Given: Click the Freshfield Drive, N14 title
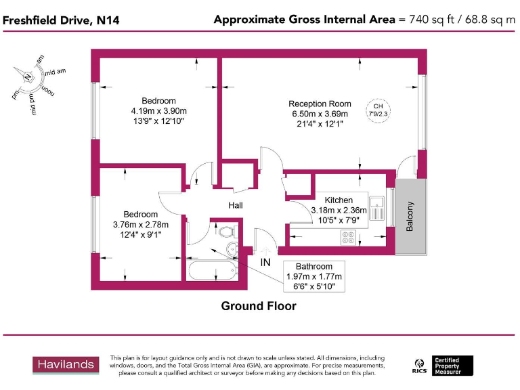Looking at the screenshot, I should pyautogui.click(x=61, y=20).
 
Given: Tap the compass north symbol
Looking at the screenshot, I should pyautogui.click(x=28, y=76).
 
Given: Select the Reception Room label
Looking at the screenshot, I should pyautogui.click(x=320, y=104).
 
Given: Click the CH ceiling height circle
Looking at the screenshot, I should pyautogui.click(x=378, y=110).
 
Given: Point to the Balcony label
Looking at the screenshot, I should pyautogui.click(x=410, y=217).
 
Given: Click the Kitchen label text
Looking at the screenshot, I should pyautogui.click(x=339, y=200).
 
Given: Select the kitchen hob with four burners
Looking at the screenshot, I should pyautogui.click(x=349, y=238).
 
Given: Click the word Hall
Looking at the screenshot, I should pyautogui.click(x=235, y=206).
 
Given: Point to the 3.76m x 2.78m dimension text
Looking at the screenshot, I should pyautogui.click(x=140, y=225).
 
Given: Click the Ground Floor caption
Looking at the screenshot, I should pyautogui.click(x=259, y=306).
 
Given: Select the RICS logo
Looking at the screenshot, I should pyautogui.click(x=419, y=366).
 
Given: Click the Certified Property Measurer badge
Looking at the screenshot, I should pyautogui.click(x=453, y=366).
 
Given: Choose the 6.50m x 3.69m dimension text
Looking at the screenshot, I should pyautogui.click(x=320, y=114).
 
